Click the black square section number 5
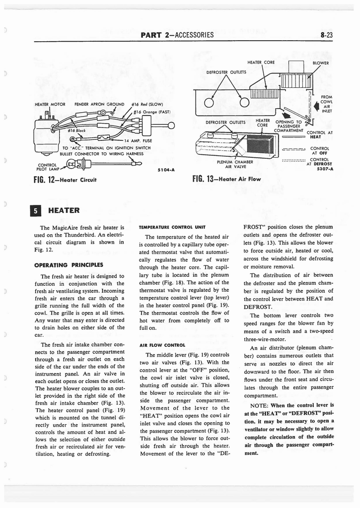[36, 210]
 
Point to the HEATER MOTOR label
[50, 105]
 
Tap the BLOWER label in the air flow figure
[321, 63]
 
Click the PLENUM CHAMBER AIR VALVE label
[235, 164]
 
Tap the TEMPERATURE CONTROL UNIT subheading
[168, 226]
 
